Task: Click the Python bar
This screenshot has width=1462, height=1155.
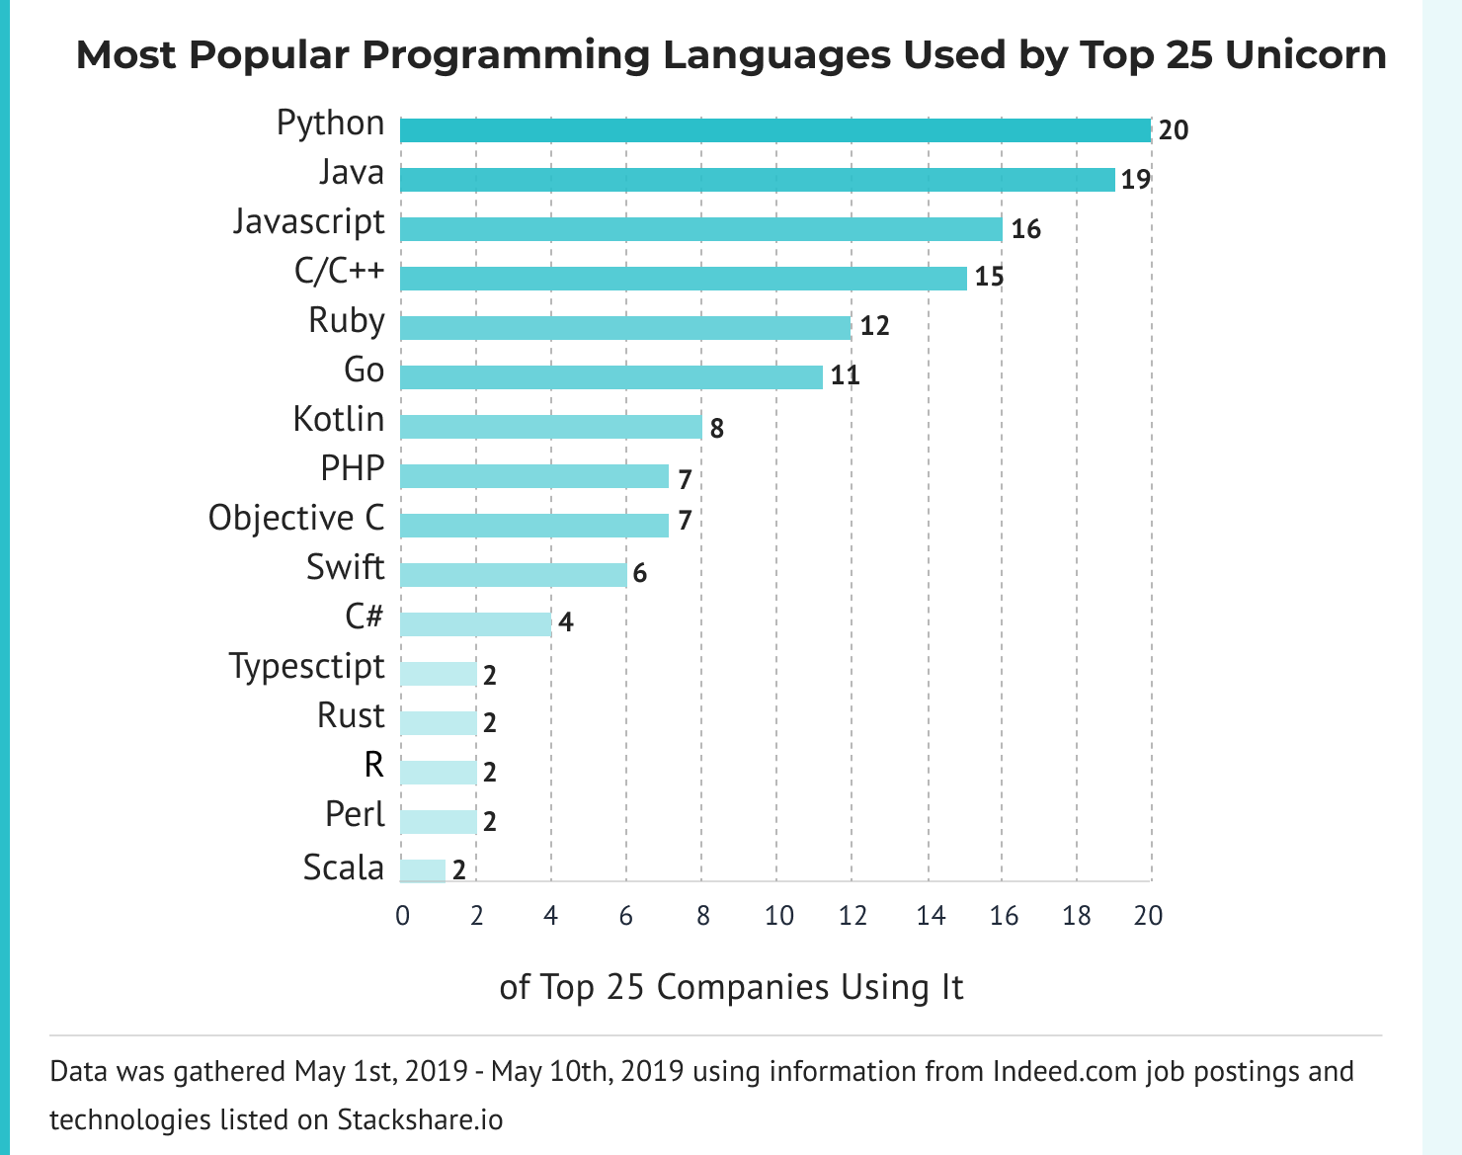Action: (x=775, y=130)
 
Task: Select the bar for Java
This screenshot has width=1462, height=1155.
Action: (x=757, y=180)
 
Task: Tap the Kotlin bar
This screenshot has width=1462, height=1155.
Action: (x=550, y=427)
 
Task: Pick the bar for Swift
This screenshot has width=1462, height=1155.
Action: (x=513, y=574)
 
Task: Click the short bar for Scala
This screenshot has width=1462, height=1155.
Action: (x=423, y=870)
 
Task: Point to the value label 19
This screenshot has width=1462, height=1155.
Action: (x=1136, y=181)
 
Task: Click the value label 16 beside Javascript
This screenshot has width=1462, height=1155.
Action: (x=1026, y=230)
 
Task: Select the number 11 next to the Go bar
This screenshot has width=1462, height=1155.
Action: (x=845, y=376)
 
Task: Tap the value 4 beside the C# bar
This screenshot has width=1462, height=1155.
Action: (x=565, y=622)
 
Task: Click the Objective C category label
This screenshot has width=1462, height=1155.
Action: (x=296, y=518)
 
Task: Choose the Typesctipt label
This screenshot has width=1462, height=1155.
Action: (x=307, y=666)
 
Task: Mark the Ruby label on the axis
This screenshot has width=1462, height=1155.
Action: (x=346, y=321)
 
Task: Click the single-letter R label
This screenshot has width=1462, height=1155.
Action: (x=373, y=765)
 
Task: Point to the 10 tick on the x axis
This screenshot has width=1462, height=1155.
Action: (x=778, y=916)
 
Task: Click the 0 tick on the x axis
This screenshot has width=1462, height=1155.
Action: (x=402, y=916)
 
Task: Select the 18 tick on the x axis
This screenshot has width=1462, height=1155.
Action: (x=1077, y=916)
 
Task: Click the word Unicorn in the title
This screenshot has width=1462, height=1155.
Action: (x=1306, y=55)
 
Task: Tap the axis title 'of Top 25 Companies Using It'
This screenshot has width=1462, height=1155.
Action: (x=731, y=987)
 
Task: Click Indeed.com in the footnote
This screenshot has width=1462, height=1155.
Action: (x=1065, y=1072)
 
